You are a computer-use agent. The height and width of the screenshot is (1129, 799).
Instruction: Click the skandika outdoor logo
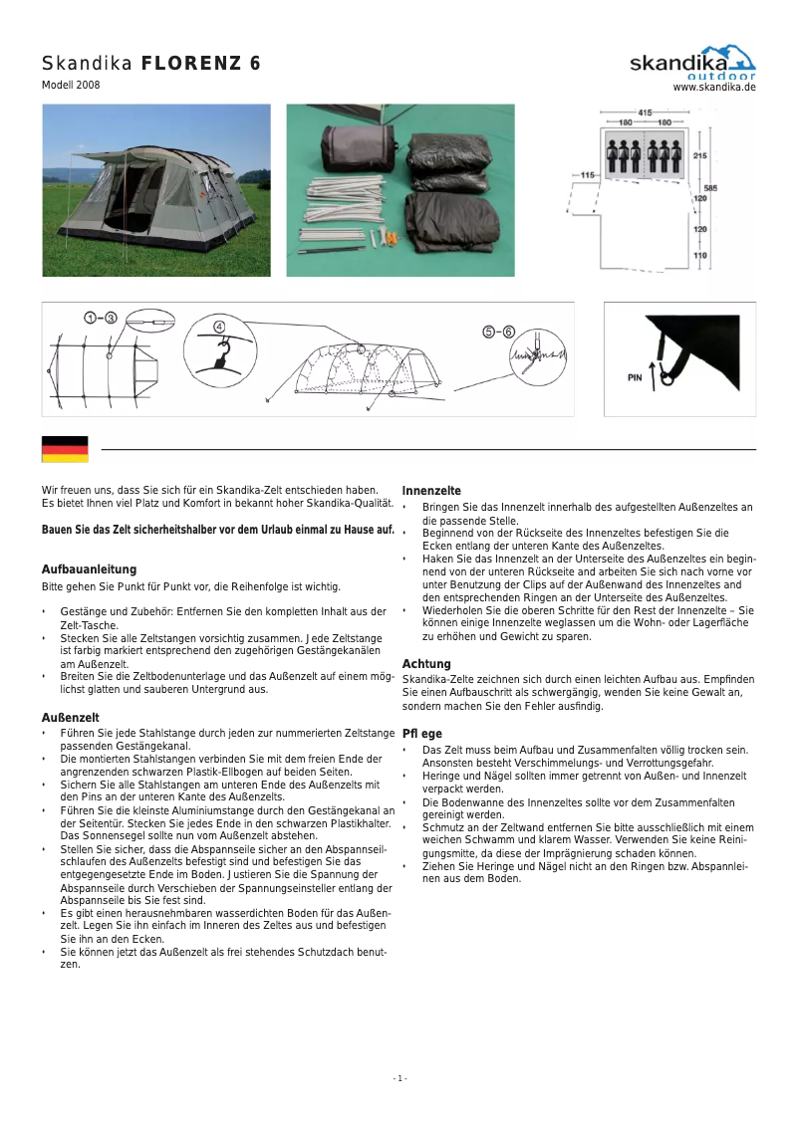pos(692,63)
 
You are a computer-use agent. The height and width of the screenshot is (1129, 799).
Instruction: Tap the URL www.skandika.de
pos(714,88)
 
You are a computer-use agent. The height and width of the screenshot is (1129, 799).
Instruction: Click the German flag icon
pos(65,449)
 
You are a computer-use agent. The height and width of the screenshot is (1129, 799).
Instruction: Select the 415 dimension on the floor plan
pos(645,113)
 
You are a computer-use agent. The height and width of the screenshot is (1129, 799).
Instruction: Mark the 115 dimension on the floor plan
pos(587,175)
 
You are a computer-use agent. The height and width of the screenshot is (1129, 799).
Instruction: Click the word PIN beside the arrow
pos(635,378)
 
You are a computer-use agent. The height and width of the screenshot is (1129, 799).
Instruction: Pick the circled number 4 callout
pos(219,327)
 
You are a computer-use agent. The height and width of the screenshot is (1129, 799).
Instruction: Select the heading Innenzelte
pos(431,491)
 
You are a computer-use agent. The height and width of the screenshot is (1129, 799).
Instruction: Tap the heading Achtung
pos(426,664)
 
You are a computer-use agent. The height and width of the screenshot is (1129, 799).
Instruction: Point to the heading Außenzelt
pos(70,718)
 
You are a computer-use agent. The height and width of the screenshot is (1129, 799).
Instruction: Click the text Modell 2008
pos(70,86)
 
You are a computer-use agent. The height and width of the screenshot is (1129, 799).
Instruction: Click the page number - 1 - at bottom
pos(399,1079)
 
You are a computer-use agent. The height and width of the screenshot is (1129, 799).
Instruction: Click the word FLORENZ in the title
pos(200,64)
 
